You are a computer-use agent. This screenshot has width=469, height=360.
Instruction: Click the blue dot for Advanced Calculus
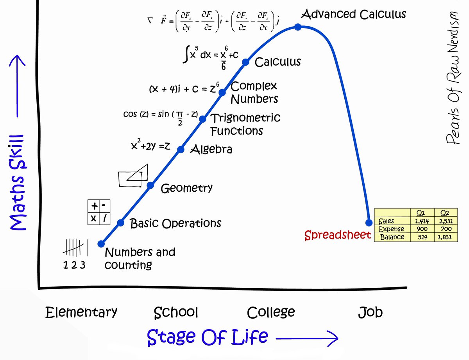298,27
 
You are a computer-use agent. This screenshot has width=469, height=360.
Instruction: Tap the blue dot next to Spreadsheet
369,223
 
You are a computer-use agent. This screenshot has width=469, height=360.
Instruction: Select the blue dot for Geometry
150,185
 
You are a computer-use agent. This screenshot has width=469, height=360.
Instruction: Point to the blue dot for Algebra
181,149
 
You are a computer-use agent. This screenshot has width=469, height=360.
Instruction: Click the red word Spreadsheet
337,235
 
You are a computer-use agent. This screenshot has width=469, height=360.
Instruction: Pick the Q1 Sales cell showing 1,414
422,221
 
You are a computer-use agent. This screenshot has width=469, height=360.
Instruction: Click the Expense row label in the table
391,229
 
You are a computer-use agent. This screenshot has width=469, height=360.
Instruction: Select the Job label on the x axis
370,312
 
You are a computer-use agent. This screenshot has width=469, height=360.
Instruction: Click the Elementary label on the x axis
81,312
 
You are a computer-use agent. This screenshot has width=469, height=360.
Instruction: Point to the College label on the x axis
271,313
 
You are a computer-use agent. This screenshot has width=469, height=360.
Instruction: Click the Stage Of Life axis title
208,336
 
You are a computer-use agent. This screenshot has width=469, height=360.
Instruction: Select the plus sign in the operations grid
94,207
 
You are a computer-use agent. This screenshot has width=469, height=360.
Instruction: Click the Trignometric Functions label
245,124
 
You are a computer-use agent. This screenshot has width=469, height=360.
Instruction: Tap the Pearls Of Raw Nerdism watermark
453,78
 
